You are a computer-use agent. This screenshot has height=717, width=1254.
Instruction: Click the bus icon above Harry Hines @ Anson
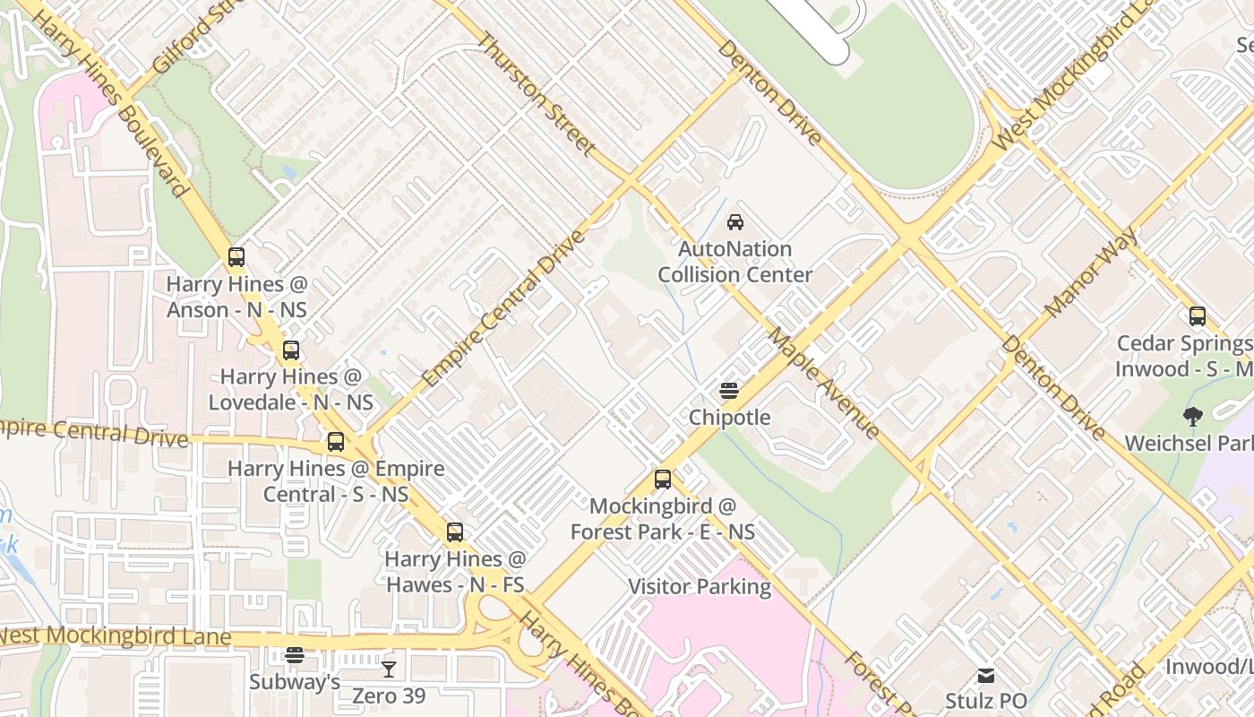coord(236,257)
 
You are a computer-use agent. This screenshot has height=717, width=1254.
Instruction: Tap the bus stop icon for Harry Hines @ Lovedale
coord(291,350)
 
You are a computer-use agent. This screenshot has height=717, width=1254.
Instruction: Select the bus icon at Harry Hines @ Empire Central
coord(336,442)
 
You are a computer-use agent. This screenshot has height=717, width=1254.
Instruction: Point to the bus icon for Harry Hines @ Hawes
coord(455,532)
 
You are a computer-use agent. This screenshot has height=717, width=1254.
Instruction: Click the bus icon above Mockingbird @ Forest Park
coord(663,479)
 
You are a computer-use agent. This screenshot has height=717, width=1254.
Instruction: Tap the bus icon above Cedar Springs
coord(1198,316)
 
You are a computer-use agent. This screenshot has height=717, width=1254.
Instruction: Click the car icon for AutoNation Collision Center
coord(735,222)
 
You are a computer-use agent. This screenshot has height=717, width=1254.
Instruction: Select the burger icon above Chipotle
coord(729,391)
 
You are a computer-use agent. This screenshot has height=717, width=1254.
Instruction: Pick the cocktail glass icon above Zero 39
coord(389,669)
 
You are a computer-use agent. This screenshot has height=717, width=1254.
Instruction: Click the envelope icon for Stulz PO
coord(986,675)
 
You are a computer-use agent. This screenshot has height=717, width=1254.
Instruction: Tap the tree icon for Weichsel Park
coord(1192,417)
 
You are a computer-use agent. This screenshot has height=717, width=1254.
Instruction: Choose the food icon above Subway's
coord(295,655)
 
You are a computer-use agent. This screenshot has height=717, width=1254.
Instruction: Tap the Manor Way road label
coord(1091,272)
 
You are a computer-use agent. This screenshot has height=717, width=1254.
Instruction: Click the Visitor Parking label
coord(700,587)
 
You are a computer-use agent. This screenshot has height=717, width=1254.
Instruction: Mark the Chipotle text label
coord(729,418)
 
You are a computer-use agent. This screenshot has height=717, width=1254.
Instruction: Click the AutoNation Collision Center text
coord(735,262)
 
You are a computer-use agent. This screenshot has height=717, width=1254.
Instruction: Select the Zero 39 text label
coord(389,695)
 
